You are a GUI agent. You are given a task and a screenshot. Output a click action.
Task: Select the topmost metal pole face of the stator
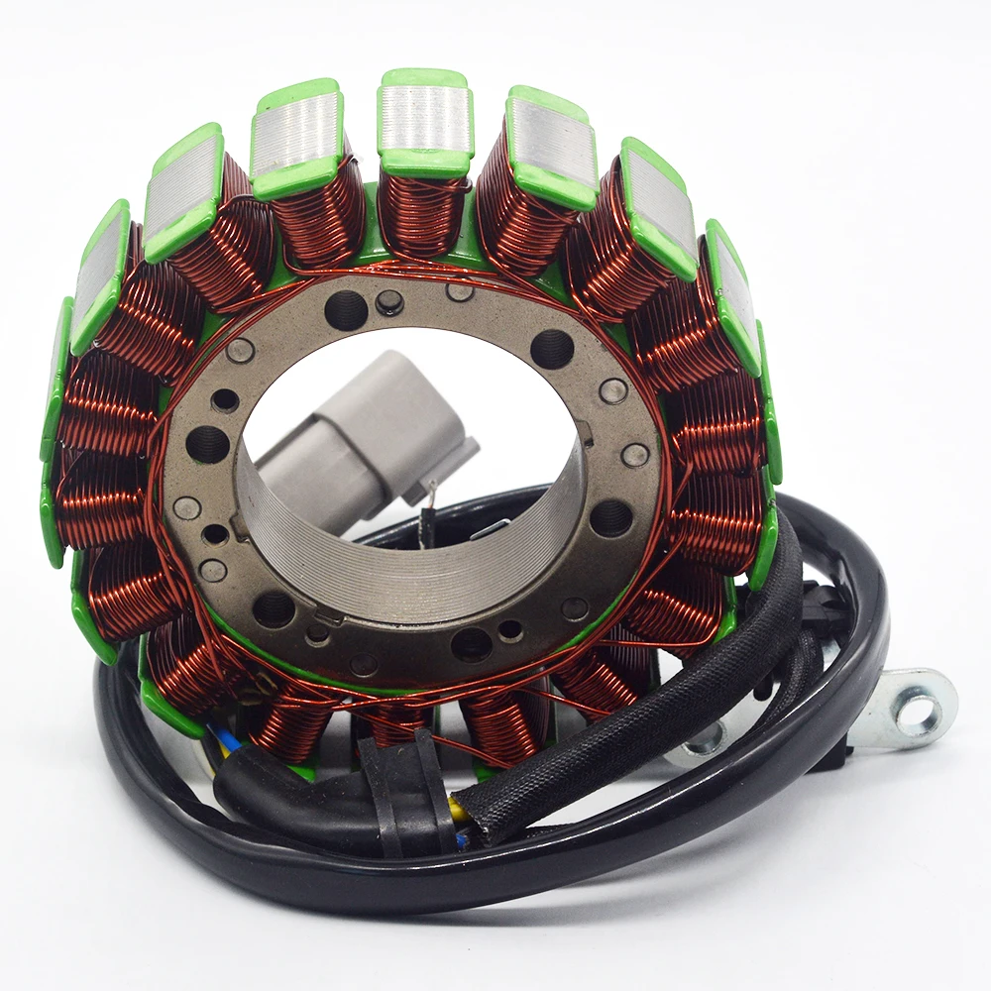tap(425, 119)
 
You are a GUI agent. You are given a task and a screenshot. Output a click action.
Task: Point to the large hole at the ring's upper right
tap(552, 348)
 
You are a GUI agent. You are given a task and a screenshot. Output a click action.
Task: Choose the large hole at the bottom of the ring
tap(472, 644)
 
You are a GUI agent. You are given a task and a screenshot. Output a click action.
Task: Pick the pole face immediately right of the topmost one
tap(551, 145)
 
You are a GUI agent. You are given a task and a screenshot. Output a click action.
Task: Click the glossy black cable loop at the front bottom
tap(495, 872)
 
